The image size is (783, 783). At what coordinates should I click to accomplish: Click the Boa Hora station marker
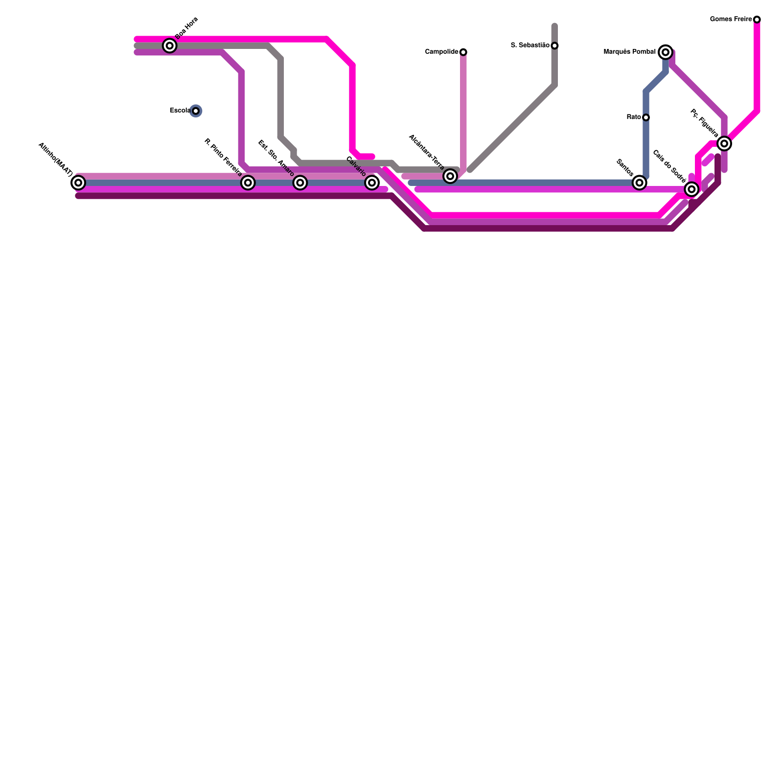point(170,46)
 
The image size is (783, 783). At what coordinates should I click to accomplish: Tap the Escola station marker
point(196,111)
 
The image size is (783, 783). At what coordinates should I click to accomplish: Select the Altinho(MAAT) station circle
point(78,183)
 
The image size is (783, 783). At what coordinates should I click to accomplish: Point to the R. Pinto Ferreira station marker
point(248,183)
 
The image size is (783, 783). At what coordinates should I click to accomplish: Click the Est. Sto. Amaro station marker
point(300,183)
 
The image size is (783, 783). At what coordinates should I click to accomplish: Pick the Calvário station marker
point(372,183)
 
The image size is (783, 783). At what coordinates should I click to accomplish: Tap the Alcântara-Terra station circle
point(450,176)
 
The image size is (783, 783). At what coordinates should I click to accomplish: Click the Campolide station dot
point(463,52)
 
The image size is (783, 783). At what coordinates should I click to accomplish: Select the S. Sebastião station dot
point(554,46)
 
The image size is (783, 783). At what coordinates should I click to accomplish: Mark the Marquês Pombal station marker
point(666,52)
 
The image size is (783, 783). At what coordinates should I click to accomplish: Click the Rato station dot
point(646,117)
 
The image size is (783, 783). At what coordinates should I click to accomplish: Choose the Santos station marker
point(639,183)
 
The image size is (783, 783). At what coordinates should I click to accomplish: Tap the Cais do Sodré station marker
point(691,189)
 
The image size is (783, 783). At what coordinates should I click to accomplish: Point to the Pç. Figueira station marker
point(724,143)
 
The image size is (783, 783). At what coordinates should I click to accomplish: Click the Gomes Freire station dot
point(757,20)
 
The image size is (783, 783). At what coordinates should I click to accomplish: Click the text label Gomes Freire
point(731,20)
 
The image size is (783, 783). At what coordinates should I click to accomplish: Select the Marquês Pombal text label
point(630,52)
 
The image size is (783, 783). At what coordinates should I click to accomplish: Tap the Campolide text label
point(441,52)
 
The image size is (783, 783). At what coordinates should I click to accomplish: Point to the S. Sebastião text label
point(530,46)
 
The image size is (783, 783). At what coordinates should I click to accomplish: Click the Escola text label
point(180,111)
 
